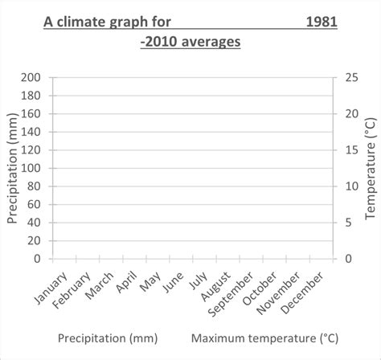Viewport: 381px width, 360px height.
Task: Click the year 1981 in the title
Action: [321, 23]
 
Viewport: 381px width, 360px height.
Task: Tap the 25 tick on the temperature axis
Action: [352, 78]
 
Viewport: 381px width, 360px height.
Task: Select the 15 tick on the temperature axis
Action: [352, 150]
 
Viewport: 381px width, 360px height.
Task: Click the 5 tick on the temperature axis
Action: [348, 223]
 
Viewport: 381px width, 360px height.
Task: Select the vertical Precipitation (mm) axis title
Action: [12, 168]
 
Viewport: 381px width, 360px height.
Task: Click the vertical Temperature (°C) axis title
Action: [371, 167]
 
